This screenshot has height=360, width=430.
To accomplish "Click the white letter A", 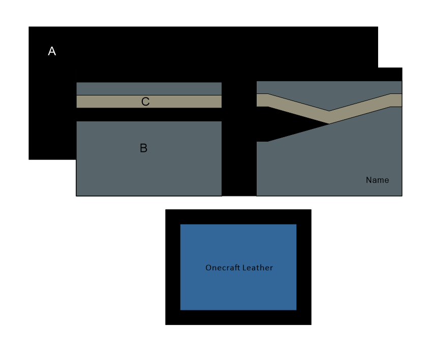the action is click(x=52, y=51).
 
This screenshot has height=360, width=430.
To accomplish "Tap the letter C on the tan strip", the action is click(x=145, y=102).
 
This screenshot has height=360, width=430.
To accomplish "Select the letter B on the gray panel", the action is click(x=143, y=148).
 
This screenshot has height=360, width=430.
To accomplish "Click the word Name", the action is click(x=377, y=180).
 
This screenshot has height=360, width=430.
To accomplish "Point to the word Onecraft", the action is click(x=223, y=268).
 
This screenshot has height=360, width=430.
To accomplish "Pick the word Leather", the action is click(x=258, y=268).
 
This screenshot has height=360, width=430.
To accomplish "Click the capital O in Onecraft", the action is click(x=208, y=268).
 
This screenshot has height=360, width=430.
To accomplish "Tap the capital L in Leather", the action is click(x=245, y=268).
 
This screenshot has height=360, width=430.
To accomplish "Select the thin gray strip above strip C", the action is click(x=149, y=88).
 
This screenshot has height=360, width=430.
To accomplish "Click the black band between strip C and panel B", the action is click(x=149, y=115).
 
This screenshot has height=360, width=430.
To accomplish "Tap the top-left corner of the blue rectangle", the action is click(x=181, y=224).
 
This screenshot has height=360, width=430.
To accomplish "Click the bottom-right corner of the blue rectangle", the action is click(x=296, y=309).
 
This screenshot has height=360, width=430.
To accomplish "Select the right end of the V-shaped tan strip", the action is click(x=401, y=100).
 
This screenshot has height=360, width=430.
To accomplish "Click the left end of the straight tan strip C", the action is click(x=78, y=102).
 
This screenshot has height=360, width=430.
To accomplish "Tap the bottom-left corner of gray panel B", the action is click(x=77, y=195).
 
